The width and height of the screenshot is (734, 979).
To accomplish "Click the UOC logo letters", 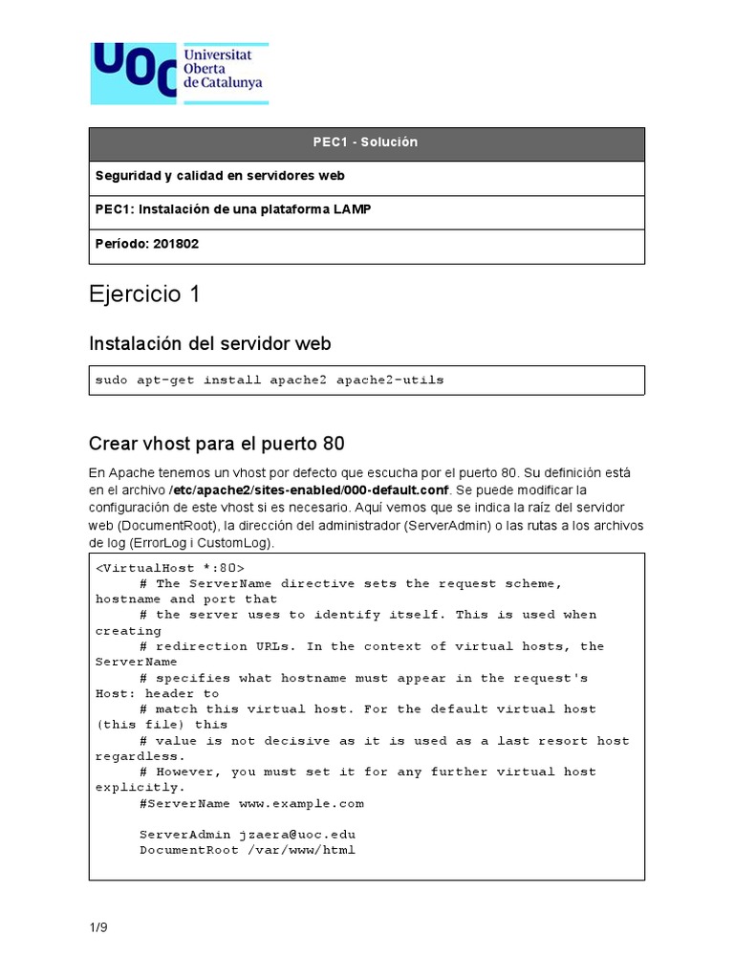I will pyautogui.click(x=134, y=73).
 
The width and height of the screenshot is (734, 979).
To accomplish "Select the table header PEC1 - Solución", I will pyautogui.click(x=366, y=142).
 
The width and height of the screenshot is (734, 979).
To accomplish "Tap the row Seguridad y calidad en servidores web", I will pyautogui.click(x=220, y=176).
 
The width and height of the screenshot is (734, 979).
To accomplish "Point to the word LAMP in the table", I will pyautogui.click(x=352, y=209).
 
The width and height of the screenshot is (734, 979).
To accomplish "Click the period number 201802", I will pyautogui.click(x=175, y=244).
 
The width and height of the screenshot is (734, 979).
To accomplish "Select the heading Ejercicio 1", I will pyautogui.click(x=144, y=294).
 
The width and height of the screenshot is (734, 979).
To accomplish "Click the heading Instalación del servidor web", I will pyautogui.click(x=209, y=342).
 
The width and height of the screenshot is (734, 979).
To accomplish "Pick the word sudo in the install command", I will pyautogui.click(x=111, y=381).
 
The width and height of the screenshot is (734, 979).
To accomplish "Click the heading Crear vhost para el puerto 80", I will pyautogui.click(x=216, y=444).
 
